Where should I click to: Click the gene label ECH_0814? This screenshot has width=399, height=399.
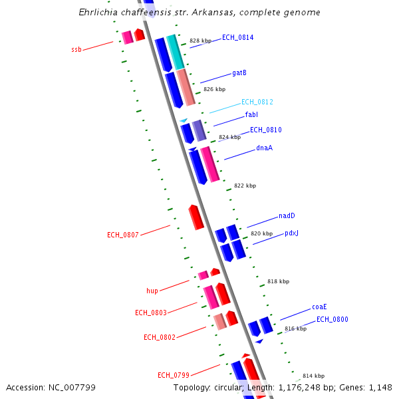pos(237,38)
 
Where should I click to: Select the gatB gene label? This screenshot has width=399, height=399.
pos(239,72)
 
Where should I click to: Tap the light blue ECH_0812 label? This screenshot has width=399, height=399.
pos(257,102)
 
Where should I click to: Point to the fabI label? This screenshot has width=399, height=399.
pos(251,115)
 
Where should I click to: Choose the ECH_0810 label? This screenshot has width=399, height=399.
pos(265,130)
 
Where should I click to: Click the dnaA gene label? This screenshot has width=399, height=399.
pos(264,148)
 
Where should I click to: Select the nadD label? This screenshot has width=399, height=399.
pos(287,216)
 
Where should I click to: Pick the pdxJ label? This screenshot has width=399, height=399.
pos(291,233)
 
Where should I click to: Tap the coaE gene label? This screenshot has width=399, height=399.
pos(319,307)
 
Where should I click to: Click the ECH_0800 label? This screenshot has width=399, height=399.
pos(332,320)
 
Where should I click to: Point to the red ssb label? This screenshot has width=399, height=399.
pos(76,50)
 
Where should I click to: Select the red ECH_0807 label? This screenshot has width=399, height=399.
pos(123,235)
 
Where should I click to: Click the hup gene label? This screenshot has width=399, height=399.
pos(152,291)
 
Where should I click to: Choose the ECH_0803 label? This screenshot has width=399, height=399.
pos(151,313)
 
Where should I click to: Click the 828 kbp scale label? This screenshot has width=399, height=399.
pos(200,41)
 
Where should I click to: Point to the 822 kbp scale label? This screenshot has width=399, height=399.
pos(245,186)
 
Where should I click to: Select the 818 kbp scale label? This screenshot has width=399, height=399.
pos(278,282)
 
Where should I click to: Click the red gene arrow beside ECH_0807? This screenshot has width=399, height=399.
pos(196,217)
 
